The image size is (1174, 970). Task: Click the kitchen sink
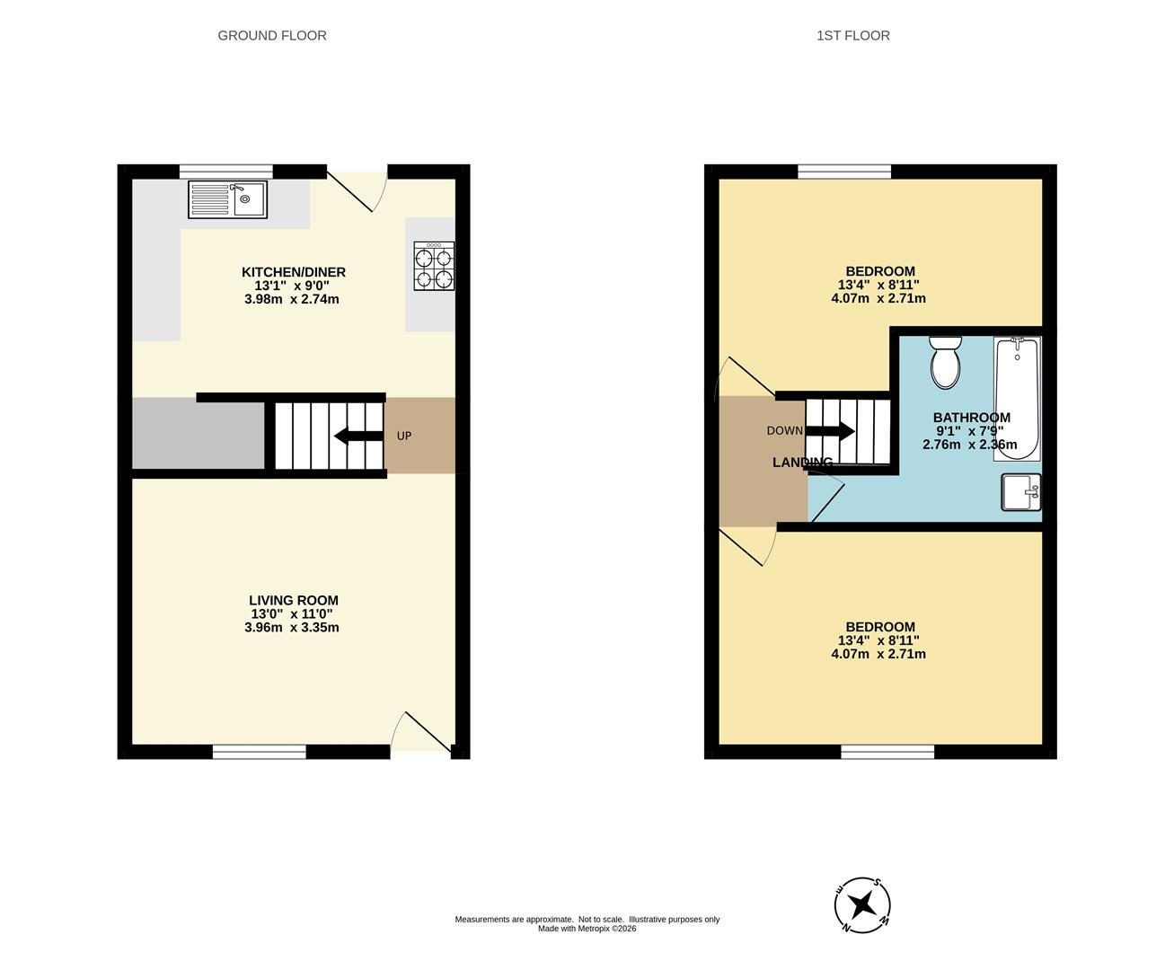click(x=228, y=199)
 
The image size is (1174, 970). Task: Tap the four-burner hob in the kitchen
click(x=434, y=266)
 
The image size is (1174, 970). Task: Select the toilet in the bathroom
click(x=945, y=362)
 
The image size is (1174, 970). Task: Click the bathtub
click(x=1017, y=399)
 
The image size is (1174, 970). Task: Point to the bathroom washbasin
click(x=1021, y=492)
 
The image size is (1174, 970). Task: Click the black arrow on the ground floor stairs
click(x=359, y=436)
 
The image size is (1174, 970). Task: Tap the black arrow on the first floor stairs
click(x=831, y=431)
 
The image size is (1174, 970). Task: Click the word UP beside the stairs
click(x=404, y=436)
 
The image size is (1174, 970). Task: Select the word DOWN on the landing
click(x=784, y=431)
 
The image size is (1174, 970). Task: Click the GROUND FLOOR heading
click(x=272, y=35)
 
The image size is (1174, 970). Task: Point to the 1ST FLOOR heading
click(x=853, y=35)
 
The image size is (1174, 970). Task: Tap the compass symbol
click(x=862, y=905)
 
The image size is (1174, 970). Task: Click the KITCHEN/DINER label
click(x=294, y=272)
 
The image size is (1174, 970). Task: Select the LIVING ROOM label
click(x=294, y=601)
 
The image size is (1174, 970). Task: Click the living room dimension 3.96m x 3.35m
click(x=292, y=628)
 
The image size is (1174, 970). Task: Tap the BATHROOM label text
click(x=972, y=418)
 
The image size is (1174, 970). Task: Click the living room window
click(x=260, y=752)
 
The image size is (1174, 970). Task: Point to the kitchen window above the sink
click(x=226, y=172)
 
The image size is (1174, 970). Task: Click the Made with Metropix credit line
click(x=587, y=929)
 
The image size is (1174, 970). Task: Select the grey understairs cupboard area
click(x=199, y=433)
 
